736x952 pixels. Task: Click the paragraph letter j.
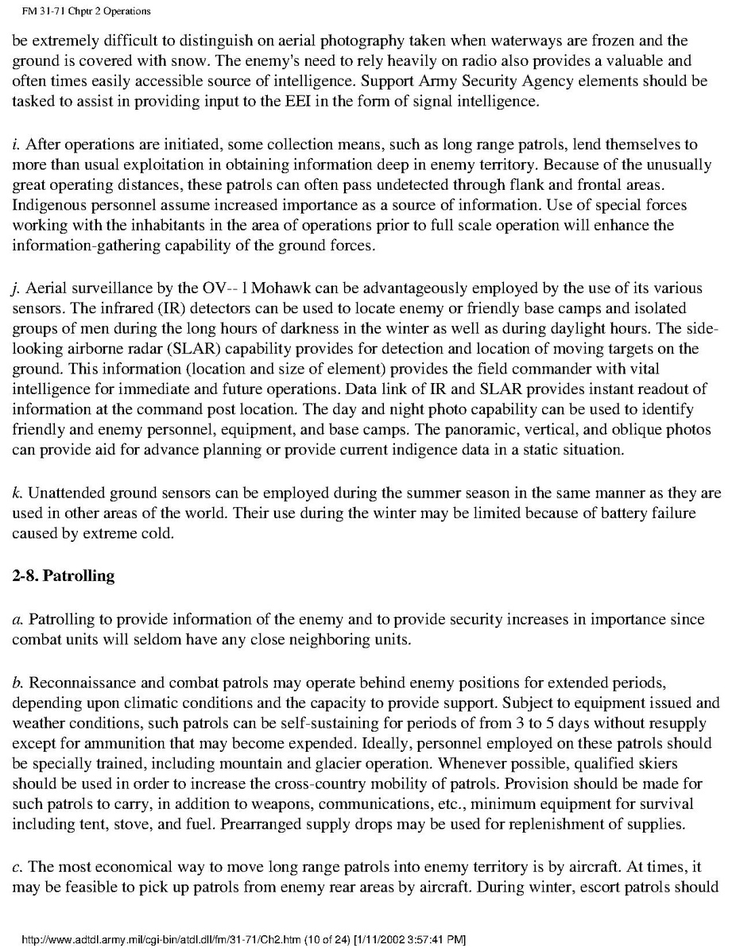tap(16, 288)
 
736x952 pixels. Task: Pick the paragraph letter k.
tap(16, 493)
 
